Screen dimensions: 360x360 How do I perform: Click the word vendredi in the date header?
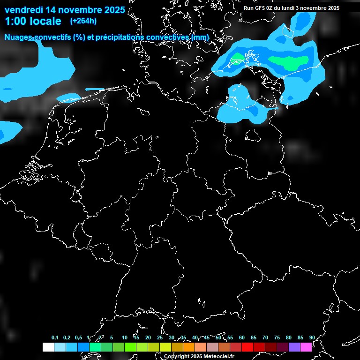pos(24,10)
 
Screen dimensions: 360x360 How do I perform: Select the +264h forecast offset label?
pos(83,21)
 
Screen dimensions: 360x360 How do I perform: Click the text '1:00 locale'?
pos(32,21)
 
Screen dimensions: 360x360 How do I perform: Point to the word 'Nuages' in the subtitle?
pos(18,37)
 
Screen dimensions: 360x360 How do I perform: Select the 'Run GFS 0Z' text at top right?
pos(257,8)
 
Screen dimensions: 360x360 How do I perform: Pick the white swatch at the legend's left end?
pos(48,347)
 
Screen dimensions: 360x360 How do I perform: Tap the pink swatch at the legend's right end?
pos(306,347)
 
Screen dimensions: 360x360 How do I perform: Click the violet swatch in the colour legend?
pos(294,347)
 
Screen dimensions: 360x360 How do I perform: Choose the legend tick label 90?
pos(312,337)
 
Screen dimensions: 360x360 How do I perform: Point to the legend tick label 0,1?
pos(55,337)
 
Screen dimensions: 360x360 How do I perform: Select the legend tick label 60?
pos(242,337)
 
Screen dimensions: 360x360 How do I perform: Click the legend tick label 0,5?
pos(78,337)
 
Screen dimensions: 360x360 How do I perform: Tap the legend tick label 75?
pos(277,337)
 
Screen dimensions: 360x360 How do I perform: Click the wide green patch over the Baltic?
pos(288,61)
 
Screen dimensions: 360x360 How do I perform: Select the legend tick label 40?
pos(195,337)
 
